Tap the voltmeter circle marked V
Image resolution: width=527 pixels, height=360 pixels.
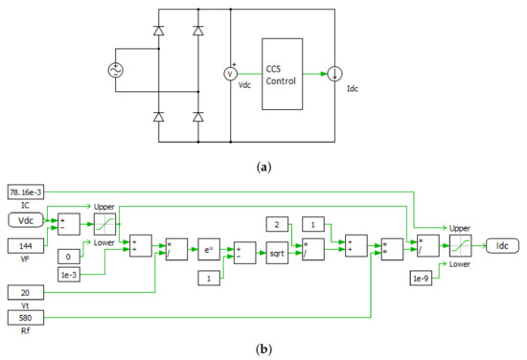pos(230,74)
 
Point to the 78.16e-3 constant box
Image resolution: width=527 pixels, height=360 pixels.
pos(26,192)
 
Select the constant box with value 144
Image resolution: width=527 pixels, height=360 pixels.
pos(26,245)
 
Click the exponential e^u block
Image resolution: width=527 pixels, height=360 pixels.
pos(210,244)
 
